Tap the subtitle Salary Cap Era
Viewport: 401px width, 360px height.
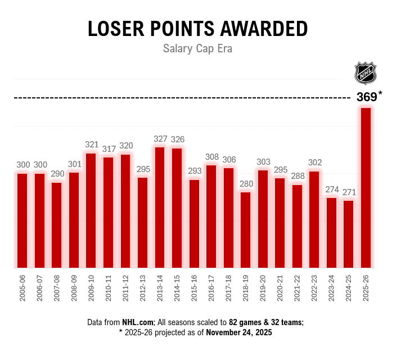197,49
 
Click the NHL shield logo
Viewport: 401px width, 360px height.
365,73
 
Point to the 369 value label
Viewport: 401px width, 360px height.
367,97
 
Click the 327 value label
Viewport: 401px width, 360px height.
160,139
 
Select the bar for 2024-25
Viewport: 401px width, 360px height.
349,233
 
